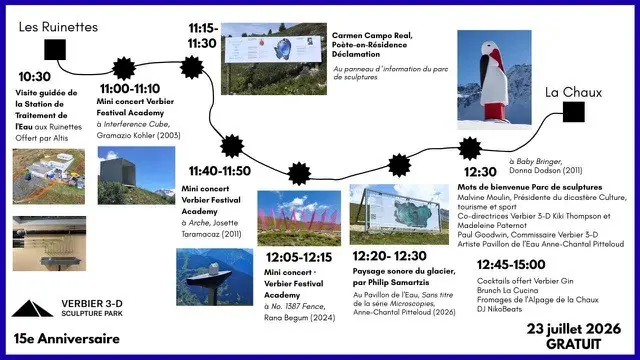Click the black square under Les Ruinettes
click(x=55, y=49)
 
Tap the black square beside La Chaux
click(x=573, y=111)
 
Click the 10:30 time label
click(x=35, y=77)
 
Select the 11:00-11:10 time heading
click(x=130, y=89)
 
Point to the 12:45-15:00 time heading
click(x=511, y=264)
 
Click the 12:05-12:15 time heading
click(x=299, y=258)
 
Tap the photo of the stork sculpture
click(x=494, y=80)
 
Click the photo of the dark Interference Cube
click(x=136, y=176)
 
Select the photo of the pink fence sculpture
click(x=299, y=218)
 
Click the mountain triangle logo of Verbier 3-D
click(x=32, y=309)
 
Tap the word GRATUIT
click(x=573, y=344)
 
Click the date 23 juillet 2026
click(x=573, y=329)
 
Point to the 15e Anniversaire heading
click(x=67, y=339)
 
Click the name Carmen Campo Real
click(x=372, y=36)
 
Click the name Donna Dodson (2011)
click(x=546, y=170)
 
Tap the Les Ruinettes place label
click(x=58, y=27)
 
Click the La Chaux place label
click(x=573, y=92)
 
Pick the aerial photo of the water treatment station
click(x=49, y=176)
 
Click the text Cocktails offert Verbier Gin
click(x=525, y=281)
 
